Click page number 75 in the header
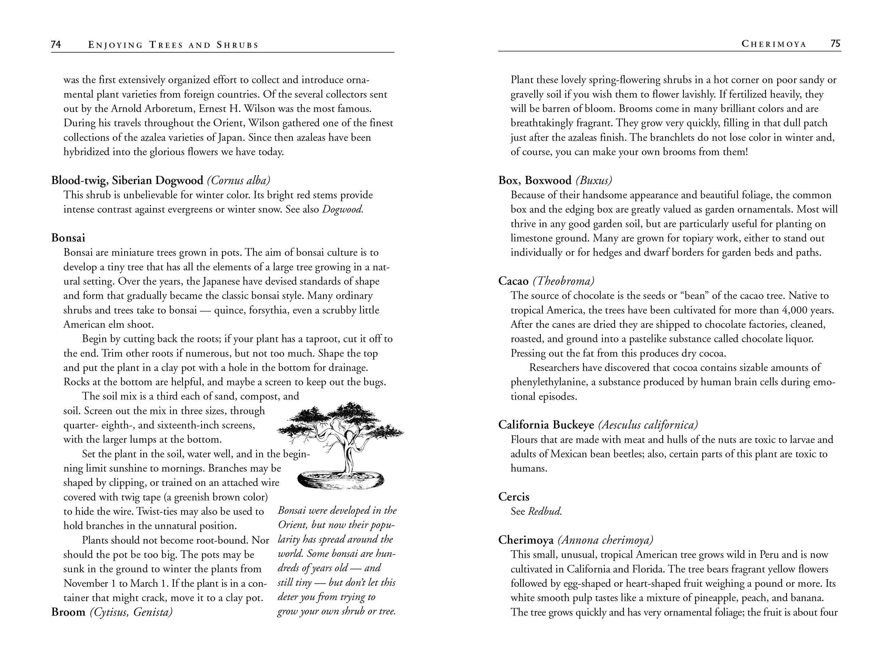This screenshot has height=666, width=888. (835, 43)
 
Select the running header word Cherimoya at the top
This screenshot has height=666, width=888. (774, 44)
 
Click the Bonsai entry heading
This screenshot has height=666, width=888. (68, 238)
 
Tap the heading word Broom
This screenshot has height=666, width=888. (68, 612)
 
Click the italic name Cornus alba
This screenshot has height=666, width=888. (238, 180)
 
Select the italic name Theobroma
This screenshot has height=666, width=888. (564, 281)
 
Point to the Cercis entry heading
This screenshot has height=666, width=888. (513, 497)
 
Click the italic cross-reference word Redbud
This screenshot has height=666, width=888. (545, 511)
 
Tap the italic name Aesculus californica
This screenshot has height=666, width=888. (648, 425)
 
